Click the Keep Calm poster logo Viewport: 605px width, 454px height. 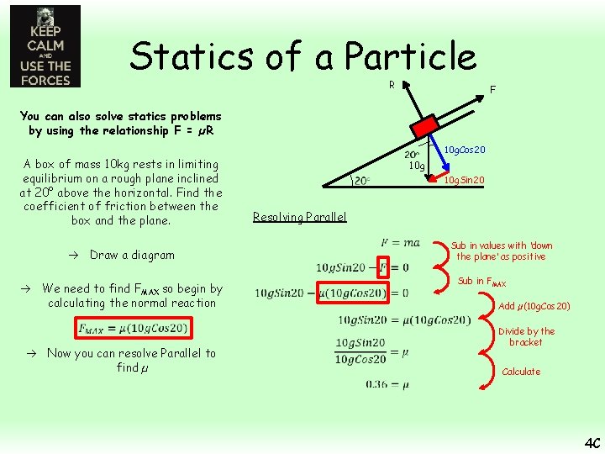[45, 46]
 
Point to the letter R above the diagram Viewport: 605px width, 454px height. [392, 85]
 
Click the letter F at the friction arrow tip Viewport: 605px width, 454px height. [492, 89]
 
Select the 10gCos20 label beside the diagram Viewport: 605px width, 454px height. [464, 149]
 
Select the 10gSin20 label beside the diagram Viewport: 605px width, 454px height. [464, 180]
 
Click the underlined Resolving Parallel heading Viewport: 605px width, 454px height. [299, 217]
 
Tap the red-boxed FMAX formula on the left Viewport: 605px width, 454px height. [134, 327]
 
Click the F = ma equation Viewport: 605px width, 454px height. [399, 242]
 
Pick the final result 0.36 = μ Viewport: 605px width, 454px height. [387, 383]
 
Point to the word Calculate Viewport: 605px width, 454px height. [521, 372]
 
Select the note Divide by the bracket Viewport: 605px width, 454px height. [526, 336]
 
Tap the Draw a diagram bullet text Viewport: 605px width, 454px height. [132, 255]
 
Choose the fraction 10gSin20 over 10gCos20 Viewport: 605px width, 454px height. [360, 351]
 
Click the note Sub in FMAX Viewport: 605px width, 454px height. [481, 282]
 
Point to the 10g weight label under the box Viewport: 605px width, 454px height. [416, 166]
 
